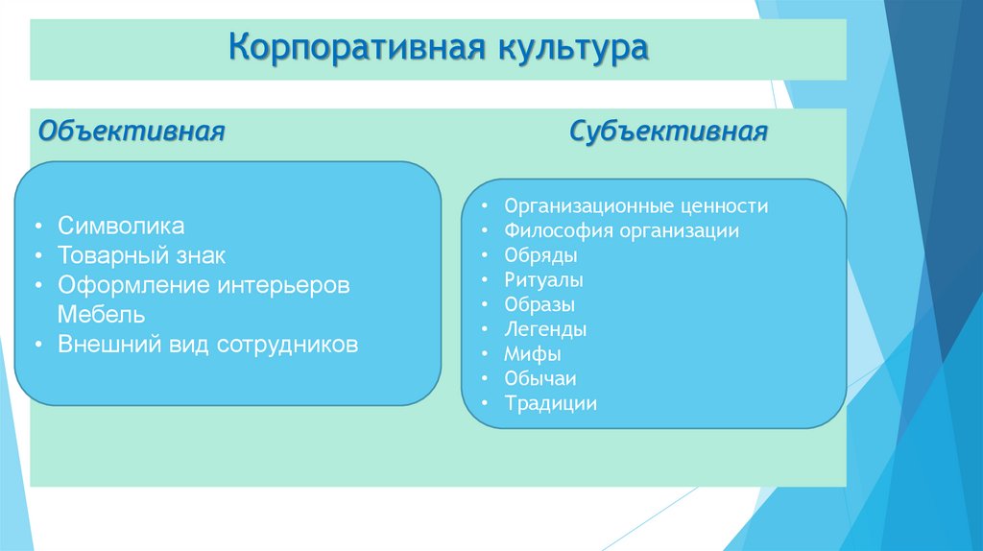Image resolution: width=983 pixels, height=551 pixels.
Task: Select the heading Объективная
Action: (132, 131)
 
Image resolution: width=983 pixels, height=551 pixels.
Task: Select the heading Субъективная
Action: (668, 131)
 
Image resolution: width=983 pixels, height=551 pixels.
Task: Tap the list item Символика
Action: (121, 227)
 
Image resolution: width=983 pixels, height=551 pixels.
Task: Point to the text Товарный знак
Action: (141, 256)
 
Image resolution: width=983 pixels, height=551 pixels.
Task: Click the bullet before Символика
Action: (36, 228)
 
